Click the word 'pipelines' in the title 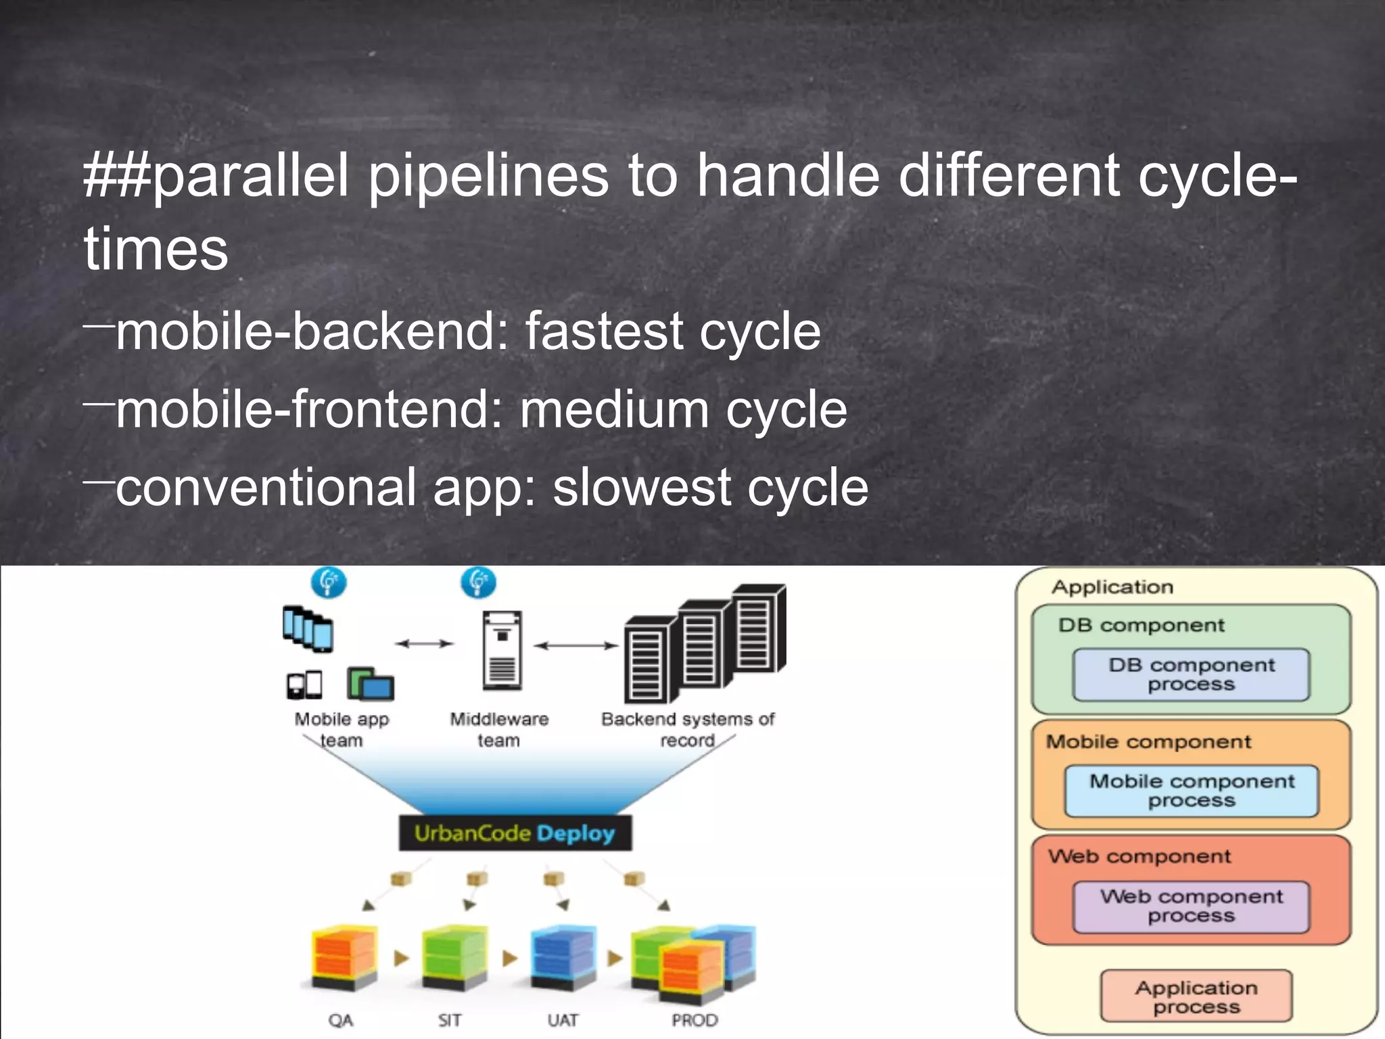[x=488, y=176]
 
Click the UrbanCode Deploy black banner [x=515, y=833]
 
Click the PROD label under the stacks [x=695, y=1020]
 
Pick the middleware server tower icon [x=502, y=649]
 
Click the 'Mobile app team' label [x=342, y=729]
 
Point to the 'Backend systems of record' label [x=688, y=729]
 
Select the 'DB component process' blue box [x=1191, y=674]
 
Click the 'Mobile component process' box [x=1191, y=790]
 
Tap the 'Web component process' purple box [x=1191, y=906]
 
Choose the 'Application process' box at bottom [x=1196, y=997]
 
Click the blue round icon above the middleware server [x=478, y=582]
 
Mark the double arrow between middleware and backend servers [x=576, y=645]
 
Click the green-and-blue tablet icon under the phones [x=370, y=684]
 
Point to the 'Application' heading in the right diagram [x=1112, y=587]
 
